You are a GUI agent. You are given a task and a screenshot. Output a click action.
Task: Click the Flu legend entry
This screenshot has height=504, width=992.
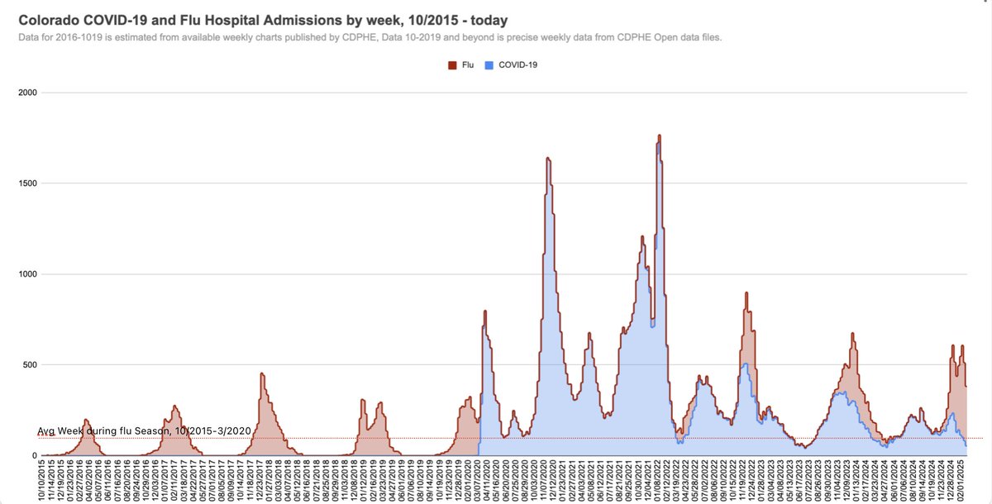coord(464,64)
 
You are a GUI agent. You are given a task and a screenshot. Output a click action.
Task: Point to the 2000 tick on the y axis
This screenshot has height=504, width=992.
coord(28,93)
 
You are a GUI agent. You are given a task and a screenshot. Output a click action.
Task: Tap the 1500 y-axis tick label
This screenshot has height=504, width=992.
coord(28,183)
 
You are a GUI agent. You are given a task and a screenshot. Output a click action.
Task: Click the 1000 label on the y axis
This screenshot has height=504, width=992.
coord(28,274)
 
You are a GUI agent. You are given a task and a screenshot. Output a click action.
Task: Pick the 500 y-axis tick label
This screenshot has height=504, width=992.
coord(31,365)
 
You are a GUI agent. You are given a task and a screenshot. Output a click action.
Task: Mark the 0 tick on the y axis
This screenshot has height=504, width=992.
coord(35,456)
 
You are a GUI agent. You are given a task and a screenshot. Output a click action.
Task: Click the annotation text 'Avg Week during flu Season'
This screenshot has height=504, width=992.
coord(103,431)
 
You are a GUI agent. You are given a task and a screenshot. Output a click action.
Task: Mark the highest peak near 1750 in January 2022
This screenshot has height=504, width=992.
coord(659,136)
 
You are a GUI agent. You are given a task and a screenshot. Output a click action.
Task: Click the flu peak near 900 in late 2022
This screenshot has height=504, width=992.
coord(746,292)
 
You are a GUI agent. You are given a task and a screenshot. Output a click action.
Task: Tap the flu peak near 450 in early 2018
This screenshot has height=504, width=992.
coord(261,373)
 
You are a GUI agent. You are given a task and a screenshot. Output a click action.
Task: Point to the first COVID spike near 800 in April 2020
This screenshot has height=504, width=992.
coord(485,311)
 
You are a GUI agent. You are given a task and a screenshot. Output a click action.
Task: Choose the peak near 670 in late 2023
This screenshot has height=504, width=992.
coord(852,334)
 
